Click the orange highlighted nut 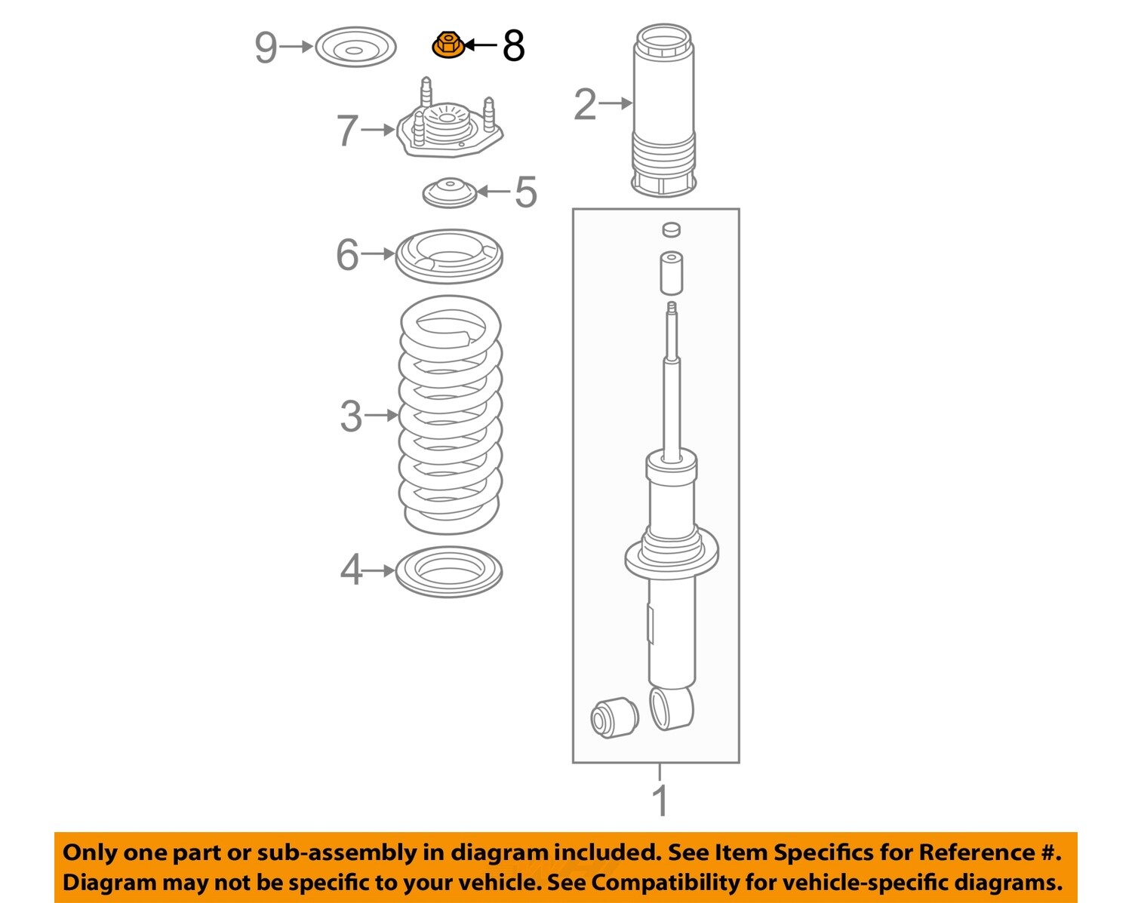coord(448,45)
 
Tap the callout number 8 coord(513,47)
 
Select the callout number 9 coord(266,48)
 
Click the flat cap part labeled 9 coord(355,48)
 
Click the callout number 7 coord(347,131)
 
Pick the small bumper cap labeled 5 coord(450,192)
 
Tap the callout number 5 coord(526,192)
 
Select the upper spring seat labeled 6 coord(449,256)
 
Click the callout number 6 coord(347,255)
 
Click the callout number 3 coord(351,416)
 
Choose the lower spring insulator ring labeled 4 coord(449,572)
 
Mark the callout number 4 coord(351,570)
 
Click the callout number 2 coord(585,104)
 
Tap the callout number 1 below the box coord(660,801)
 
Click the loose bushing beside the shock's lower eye coord(612,718)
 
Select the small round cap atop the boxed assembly coord(670,229)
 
